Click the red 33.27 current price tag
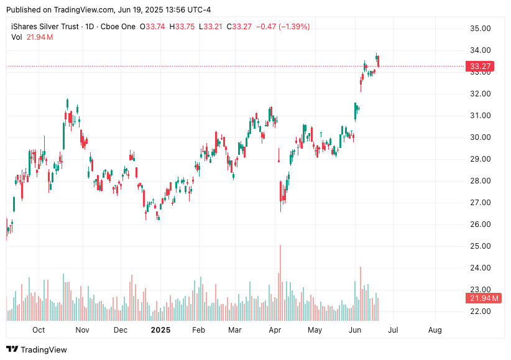pos(481,67)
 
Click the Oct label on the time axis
pos(39,330)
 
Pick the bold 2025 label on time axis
pos(160,330)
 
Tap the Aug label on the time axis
pos(435,330)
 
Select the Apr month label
pos(275,330)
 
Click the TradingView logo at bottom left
pos(37,350)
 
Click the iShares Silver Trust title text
pos(45,27)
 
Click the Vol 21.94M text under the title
pos(32,37)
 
